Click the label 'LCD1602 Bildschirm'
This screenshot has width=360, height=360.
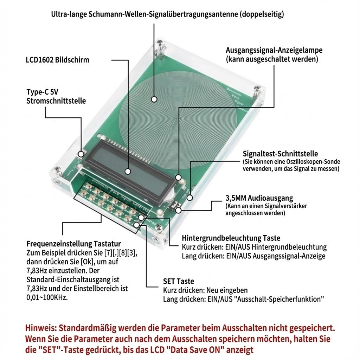[57, 60]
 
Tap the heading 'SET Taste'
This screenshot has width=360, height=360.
[178, 281]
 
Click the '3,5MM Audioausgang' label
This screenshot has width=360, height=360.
[259, 198]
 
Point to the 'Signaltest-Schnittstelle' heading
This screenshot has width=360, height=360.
[280, 154]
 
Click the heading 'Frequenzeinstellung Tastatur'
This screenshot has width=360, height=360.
[74, 244]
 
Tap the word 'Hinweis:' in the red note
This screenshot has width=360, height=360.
[40, 328]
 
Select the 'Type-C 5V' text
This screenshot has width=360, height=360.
[42, 92]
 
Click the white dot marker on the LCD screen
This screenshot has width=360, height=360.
[128, 171]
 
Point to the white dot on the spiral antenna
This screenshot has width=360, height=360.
[154, 99]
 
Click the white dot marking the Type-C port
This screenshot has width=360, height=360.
[81, 154]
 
